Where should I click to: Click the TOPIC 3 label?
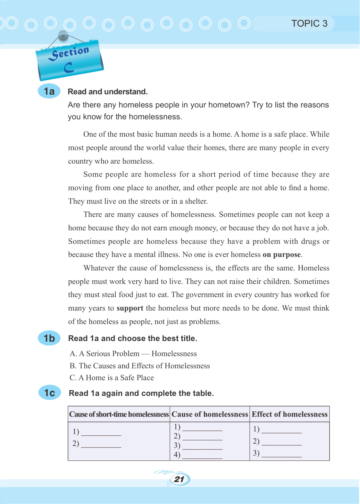pos(309,23)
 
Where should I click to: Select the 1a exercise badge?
pos(49,91)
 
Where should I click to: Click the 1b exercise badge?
pos(49,338)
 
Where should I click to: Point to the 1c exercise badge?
pos(49,393)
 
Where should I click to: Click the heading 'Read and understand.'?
pos(108,92)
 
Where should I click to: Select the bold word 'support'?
pos(130,308)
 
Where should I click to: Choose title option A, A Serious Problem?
pos(133,354)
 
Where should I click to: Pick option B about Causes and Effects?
pos(140,366)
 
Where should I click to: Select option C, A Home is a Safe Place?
pos(112,378)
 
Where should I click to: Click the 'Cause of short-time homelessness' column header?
pos(119,414)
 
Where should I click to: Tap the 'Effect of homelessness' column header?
pos(289,414)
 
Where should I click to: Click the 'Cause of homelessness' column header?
pos(210,414)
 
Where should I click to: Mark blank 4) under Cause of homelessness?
pos(202,456)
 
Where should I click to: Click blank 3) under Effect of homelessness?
pos(281,454)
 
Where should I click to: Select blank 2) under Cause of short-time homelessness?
pos(101,444)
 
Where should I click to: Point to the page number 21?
pos(179,479)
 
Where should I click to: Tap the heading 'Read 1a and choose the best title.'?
pos(133,338)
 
